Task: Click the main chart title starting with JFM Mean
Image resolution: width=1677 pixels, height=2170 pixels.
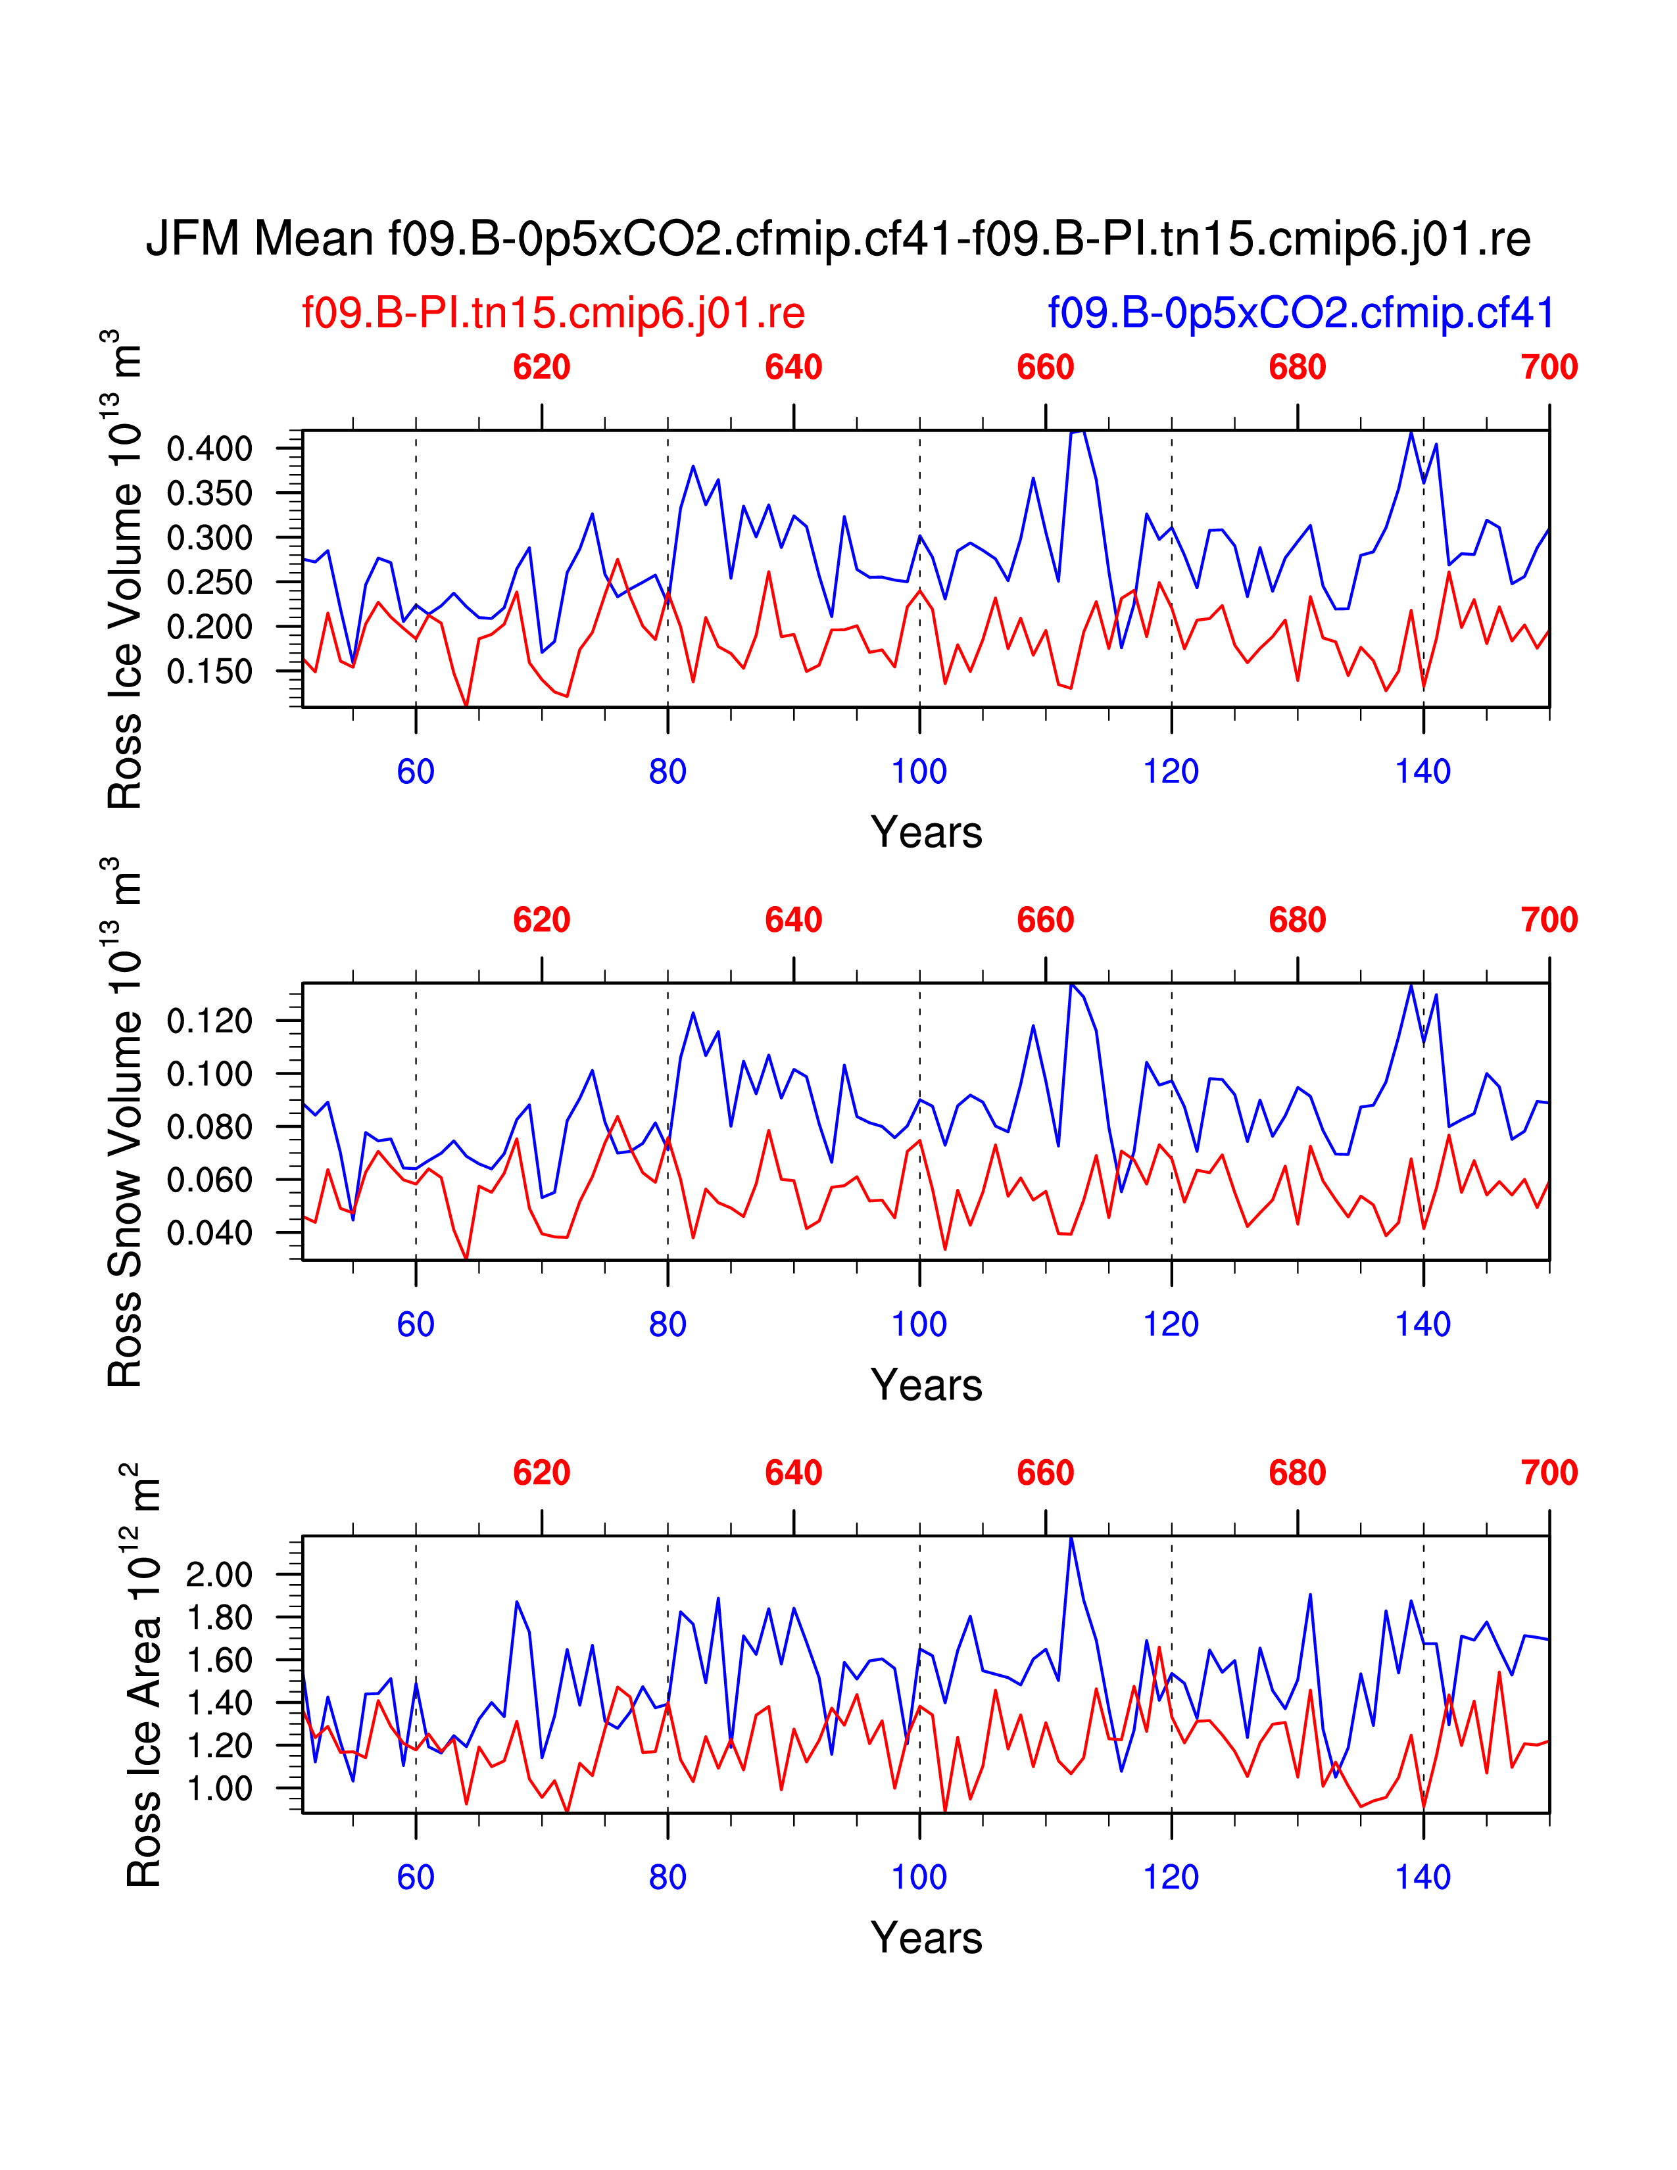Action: coord(837,239)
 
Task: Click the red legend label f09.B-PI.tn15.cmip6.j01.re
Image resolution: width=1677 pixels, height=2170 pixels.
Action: coord(553,313)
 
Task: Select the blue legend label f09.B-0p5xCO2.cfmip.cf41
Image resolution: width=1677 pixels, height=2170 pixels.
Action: coord(1300,313)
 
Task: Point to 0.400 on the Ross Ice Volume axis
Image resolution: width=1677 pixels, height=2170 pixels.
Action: coord(210,449)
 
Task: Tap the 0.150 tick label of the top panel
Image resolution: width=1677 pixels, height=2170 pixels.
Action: coord(210,671)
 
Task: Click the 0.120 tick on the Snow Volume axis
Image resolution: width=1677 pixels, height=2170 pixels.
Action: coord(210,1021)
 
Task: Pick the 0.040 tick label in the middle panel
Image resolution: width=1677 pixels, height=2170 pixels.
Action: coord(210,1233)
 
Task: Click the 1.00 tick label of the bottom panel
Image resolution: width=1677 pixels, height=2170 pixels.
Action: coord(218,1789)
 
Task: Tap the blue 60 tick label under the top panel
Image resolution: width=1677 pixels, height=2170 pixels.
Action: coord(415,772)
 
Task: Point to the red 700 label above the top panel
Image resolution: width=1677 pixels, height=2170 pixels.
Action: coord(1549,368)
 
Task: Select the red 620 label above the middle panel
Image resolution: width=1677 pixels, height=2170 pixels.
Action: coord(541,920)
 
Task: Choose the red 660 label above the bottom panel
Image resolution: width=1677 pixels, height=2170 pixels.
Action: coord(1045,1472)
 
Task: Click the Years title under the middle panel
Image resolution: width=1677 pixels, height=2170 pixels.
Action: coord(926,1385)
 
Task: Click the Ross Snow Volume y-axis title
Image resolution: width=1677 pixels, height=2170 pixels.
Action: coord(124,1122)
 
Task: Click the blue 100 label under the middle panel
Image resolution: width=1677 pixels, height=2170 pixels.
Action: coord(919,1324)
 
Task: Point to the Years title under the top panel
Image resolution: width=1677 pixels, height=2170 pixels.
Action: coord(926,832)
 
